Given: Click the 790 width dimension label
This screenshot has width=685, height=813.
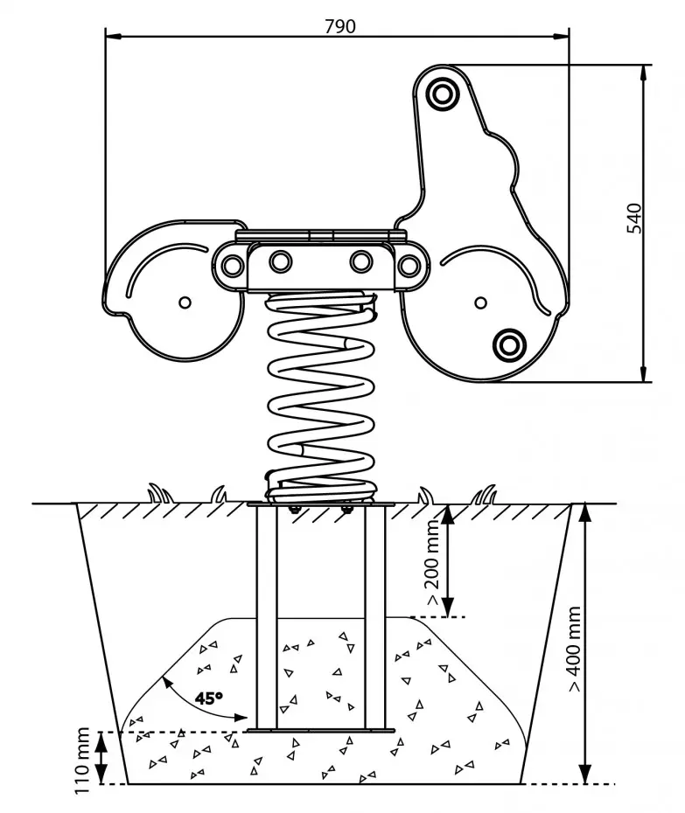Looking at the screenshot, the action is (x=340, y=26).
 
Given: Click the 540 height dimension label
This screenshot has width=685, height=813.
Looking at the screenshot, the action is (x=634, y=219).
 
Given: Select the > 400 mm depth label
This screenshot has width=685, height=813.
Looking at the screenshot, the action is (x=573, y=648).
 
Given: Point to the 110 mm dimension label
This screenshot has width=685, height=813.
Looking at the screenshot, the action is (x=83, y=761).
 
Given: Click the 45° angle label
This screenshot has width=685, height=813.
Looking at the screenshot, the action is (x=208, y=698).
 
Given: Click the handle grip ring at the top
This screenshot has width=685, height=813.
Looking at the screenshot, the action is (x=442, y=94).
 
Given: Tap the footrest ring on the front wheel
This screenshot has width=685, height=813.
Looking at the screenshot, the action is (x=509, y=344).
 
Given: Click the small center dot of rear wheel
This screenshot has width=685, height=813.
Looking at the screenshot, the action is (x=185, y=302).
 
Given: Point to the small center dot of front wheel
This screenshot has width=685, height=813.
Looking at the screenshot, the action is (x=480, y=302).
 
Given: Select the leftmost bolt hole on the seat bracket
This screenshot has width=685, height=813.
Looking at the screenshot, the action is (x=232, y=266).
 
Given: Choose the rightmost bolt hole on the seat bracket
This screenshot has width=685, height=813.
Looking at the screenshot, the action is (x=409, y=266).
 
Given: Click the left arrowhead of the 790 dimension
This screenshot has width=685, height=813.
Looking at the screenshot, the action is (x=114, y=37).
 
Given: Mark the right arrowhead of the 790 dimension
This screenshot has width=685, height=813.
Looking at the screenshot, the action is (x=561, y=37).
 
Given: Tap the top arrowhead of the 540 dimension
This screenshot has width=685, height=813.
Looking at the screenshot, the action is (x=644, y=73).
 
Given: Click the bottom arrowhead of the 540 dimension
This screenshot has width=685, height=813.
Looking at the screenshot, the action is (x=644, y=374).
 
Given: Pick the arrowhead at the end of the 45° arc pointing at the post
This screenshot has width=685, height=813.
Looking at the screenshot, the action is (x=240, y=718).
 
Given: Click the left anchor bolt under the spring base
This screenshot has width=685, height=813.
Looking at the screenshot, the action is (x=293, y=510).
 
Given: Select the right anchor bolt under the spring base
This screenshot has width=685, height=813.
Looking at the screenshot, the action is (x=346, y=510).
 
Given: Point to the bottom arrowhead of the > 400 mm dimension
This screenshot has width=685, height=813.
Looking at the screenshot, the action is (x=585, y=774).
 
